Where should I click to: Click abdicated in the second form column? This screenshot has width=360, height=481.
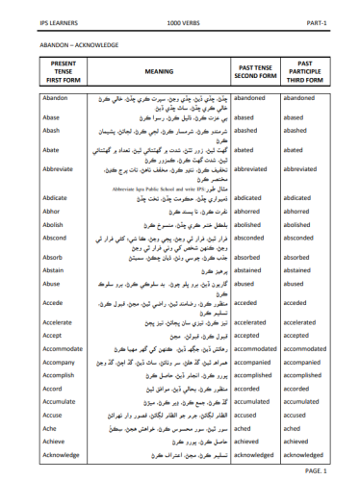253,197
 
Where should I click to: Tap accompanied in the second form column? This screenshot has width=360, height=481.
259,363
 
